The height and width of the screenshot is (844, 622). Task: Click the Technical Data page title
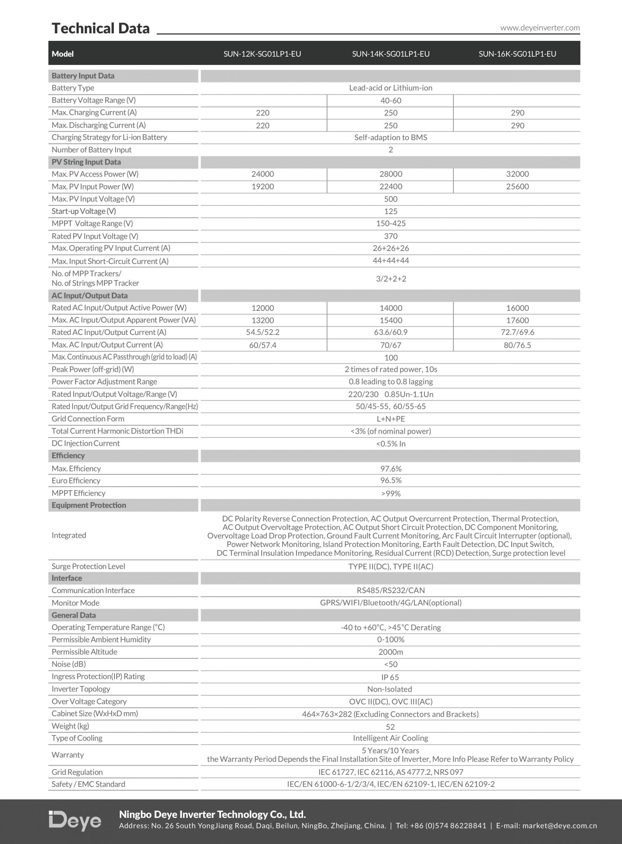tap(101, 29)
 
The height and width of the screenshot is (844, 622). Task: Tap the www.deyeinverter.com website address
tap(540, 28)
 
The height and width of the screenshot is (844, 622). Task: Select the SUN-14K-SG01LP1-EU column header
tap(390, 54)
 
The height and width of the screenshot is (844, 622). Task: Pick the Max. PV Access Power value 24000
tap(263, 174)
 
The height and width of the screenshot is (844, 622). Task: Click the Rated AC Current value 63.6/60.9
tap(390, 332)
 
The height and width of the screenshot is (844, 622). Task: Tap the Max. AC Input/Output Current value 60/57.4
tap(263, 345)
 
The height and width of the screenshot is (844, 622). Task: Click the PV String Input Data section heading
tap(86, 162)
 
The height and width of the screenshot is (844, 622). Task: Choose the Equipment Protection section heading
tap(89, 505)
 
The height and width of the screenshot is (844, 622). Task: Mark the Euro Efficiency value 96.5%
tap(390, 480)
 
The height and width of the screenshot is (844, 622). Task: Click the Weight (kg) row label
tap(70, 726)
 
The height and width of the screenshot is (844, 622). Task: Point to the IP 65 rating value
tap(390, 677)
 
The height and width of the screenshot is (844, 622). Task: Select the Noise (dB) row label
tap(69, 664)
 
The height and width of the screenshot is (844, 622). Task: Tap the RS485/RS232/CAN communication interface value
tap(390, 590)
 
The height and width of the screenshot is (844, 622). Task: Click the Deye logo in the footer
tap(75, 820)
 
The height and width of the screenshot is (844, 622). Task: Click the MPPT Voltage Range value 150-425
tap(390, 224)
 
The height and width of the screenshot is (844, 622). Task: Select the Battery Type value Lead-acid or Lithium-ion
tap(390, 88)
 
